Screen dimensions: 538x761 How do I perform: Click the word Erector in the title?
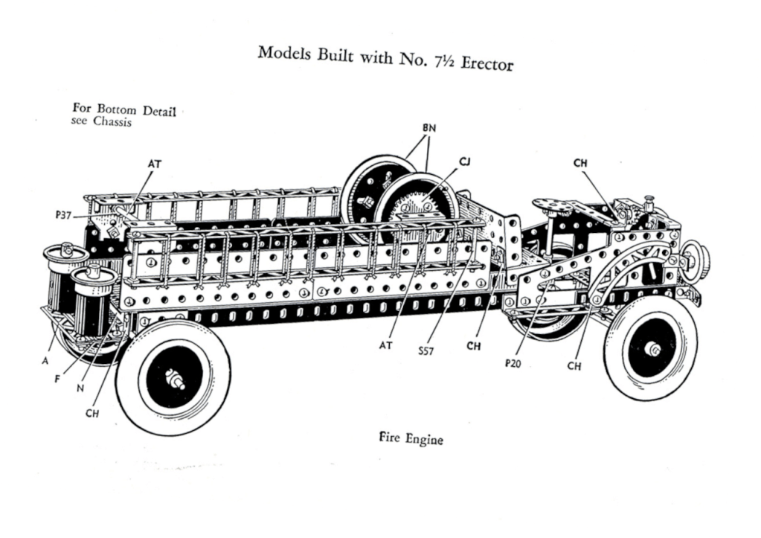[x=487, y=63]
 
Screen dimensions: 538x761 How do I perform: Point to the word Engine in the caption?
[x=426, y=439]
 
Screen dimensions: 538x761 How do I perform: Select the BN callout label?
[x=428, y=128]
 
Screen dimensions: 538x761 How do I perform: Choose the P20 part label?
[x=513, y=363]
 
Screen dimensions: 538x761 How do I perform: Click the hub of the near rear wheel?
[x=176, y=379]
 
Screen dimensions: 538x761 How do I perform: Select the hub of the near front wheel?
[x=655, y=348]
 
